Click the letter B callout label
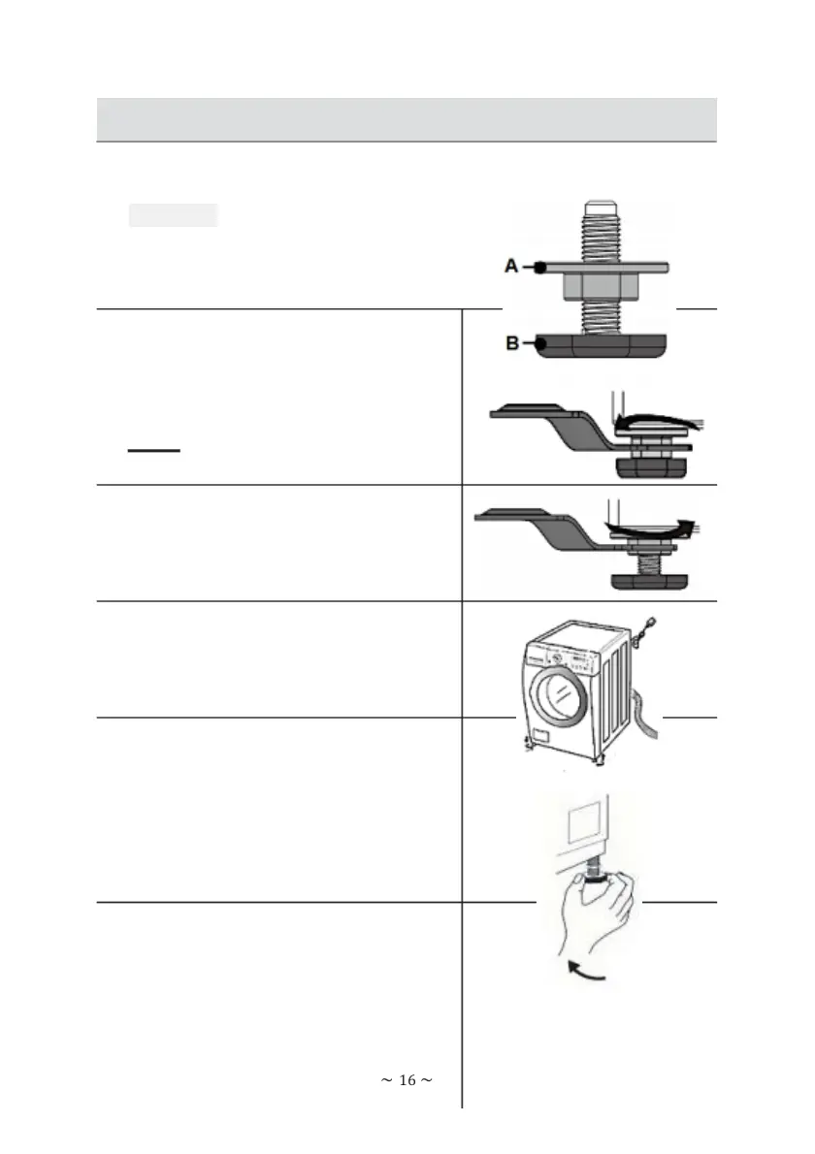510,342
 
